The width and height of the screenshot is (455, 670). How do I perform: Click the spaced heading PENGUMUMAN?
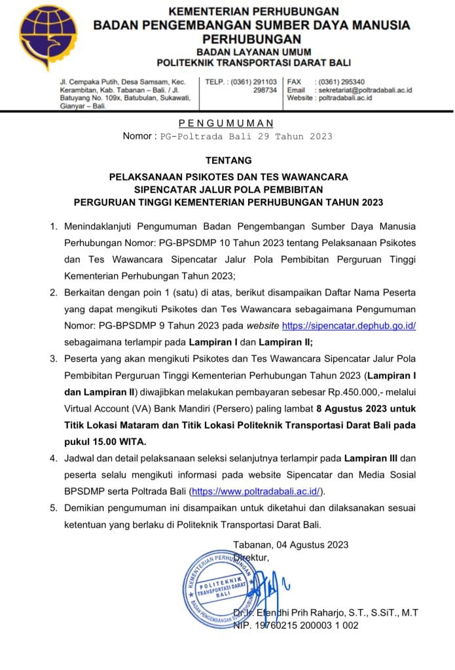point(227,123)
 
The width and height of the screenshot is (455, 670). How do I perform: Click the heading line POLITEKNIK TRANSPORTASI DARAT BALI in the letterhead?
point(253,63)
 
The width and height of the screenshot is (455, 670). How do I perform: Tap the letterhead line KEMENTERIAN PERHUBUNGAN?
point(253,11)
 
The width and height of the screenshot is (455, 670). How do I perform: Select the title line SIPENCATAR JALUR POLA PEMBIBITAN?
point(228,190)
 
